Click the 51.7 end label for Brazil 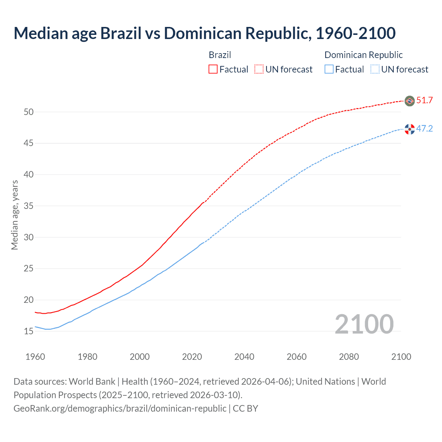pyautogui.click(x=424, y=100)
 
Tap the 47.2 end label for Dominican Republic pyautogui.click(x=424, y=129)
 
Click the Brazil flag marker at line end pyautogui.click(x=410, y=101)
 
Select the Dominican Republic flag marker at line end pyautogui.click(x=410, y=129)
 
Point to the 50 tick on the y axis pyautogui.click(x=29, y=112)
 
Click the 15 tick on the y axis pyautogui.click(x=29, y=331)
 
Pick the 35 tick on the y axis pyautogui.click(x=29, y=206)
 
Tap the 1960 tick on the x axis pyautogui.click(x=35, y=357)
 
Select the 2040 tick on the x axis pyautogui.click(x=244, y=357)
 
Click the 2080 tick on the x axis pyautogui.click(x=349, y=357)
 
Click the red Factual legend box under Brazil pyautogui.click(x=213, y=69)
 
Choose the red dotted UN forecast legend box pyautogui.click(x=259, y=69)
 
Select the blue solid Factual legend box pyautogui.click(x=329, y=69)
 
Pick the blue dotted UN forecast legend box pyautogui.click(x=375, y=69)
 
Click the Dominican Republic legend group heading pyautogui.click(x=364, y=55)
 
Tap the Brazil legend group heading pyautogui.click(x=220, y=55)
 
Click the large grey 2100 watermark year pyautogui.click(x=364, y=324)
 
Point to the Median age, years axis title pyautogui.click(x=15, y=215)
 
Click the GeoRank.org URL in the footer pyautogui.click(x=120, y=409)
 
